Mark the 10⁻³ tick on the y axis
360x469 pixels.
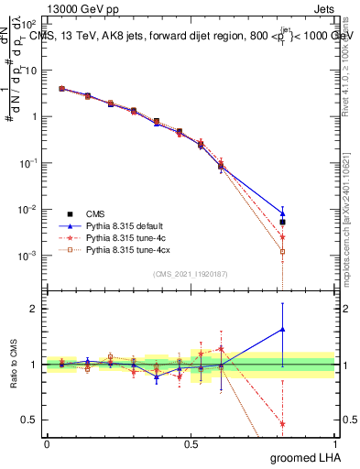click(31, 255)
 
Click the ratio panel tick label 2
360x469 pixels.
click(35, 309)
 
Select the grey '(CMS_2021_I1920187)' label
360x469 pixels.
click(190, 274)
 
